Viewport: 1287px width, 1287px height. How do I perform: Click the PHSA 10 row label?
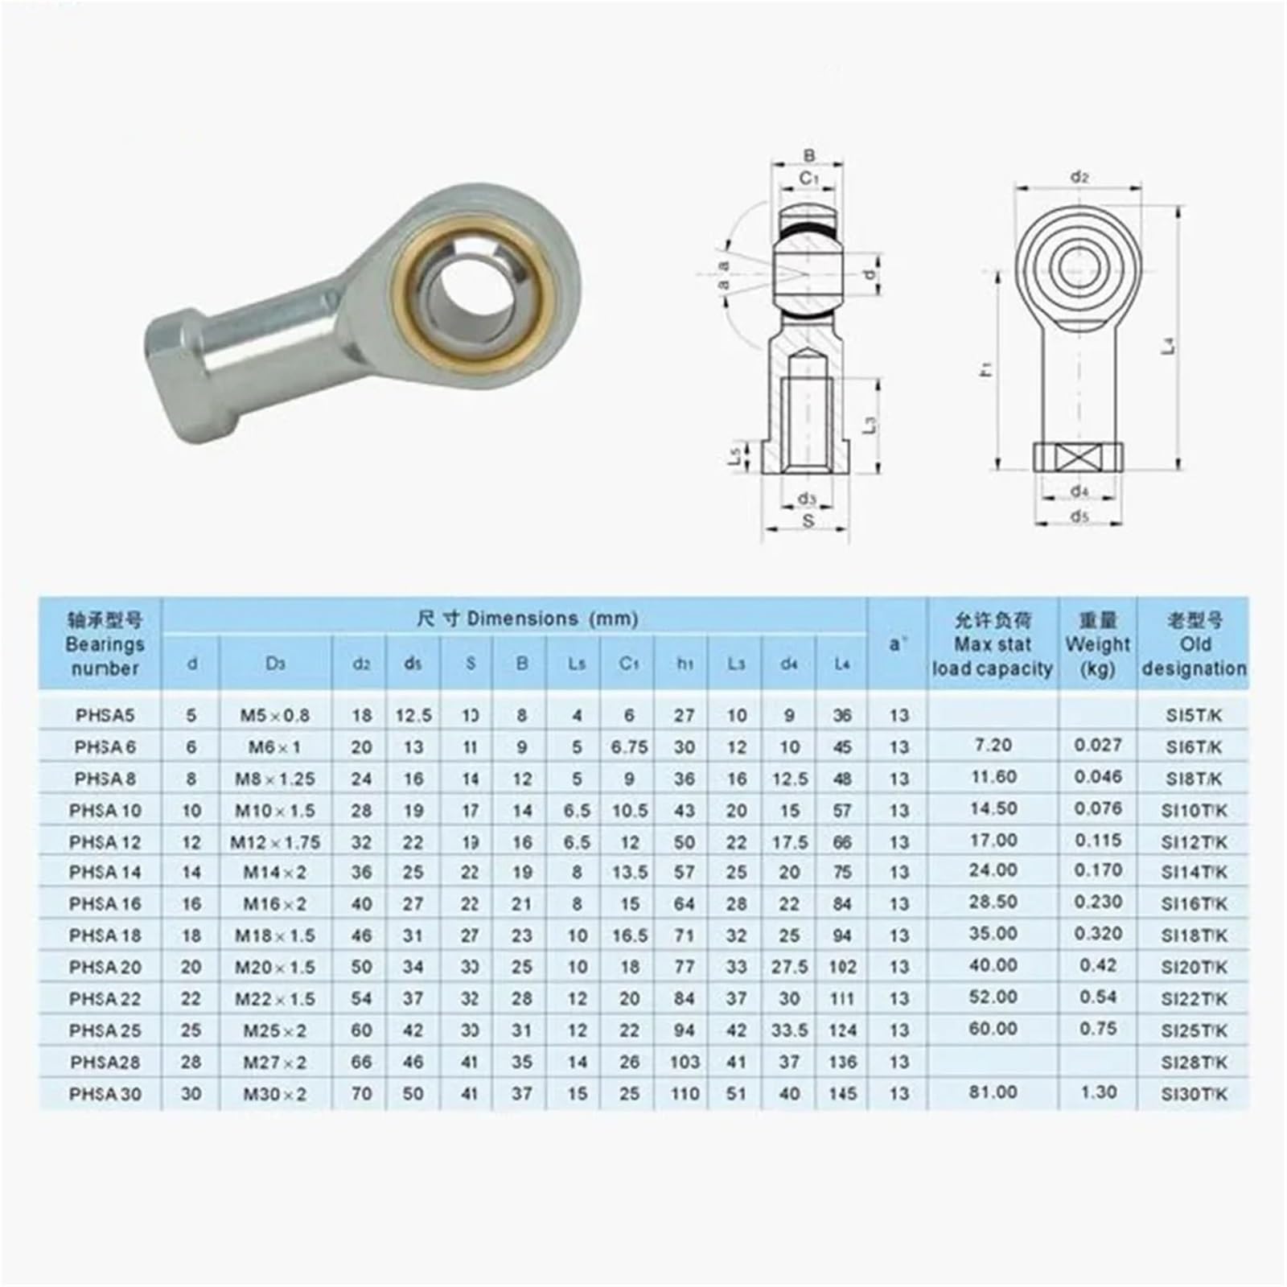point(105,810)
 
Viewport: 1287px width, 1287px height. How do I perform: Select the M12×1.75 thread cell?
point(275,842)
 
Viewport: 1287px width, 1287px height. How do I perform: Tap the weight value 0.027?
point(1097,746)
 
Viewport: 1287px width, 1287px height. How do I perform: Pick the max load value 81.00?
point(993,1092)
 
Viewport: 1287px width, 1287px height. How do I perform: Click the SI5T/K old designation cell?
point(1194,715)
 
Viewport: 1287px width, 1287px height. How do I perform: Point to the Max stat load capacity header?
point(993,644)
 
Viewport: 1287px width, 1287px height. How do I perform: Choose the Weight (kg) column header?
point(1097,644)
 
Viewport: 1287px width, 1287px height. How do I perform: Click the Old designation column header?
point(1194,644)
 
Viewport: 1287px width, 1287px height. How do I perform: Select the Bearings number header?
point(105,644)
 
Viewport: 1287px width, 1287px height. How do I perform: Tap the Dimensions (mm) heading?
point(528,619)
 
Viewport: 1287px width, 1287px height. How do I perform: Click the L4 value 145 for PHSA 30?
point(842,1094)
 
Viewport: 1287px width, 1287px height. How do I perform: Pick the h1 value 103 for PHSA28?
point(685,1062)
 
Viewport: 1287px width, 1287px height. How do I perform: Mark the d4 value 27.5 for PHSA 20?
point(789,967)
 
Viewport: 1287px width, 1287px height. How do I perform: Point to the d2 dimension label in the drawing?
point(1079,177)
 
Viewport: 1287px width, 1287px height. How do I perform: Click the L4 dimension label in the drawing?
point(1170,346)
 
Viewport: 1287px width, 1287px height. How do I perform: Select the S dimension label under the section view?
point(808,520)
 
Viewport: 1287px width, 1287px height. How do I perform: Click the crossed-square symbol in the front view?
point(1078,457)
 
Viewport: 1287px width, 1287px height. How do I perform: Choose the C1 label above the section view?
point(808,178)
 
